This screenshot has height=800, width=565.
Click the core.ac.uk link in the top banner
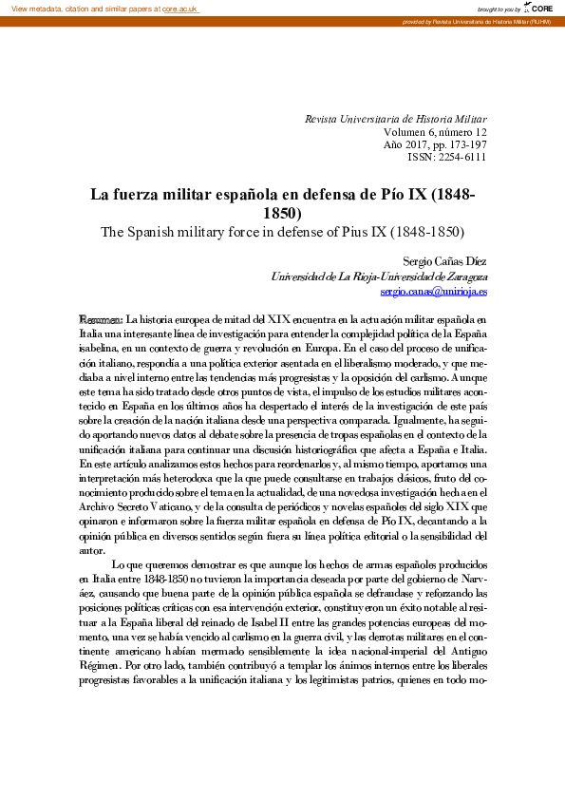tap(180, 8)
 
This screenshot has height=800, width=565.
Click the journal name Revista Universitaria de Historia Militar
tap(395, 119)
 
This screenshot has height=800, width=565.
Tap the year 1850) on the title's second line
tap(283, 214)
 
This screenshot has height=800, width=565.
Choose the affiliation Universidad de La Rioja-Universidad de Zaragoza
tap(379, 276)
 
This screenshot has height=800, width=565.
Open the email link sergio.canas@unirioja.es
tap(433, 292)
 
